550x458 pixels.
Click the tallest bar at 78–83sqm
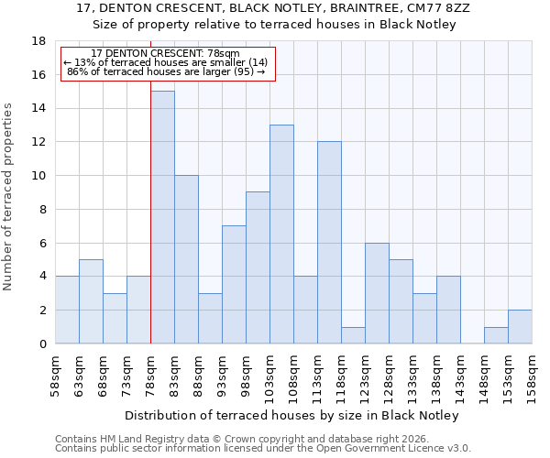pos(162,217)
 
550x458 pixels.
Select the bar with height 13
pos(281,234)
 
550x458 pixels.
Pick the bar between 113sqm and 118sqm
pos(329,243)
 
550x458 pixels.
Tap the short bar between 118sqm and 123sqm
pos(353,335)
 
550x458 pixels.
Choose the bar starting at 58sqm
pos(67,310)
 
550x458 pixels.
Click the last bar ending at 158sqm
pos(520,327)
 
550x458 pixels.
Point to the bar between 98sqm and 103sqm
pos(258,267)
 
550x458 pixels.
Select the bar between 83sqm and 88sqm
pos(186,259)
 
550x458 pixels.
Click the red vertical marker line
pos(150,211)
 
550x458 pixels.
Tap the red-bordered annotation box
pos(167,63)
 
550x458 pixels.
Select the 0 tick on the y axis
pos(42,344)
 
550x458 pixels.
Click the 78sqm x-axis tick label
pos(150,371)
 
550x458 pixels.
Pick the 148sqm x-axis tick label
pos(484,371)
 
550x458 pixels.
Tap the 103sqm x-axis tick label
pos(269,371)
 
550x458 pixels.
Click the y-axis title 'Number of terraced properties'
pos(9,197)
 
